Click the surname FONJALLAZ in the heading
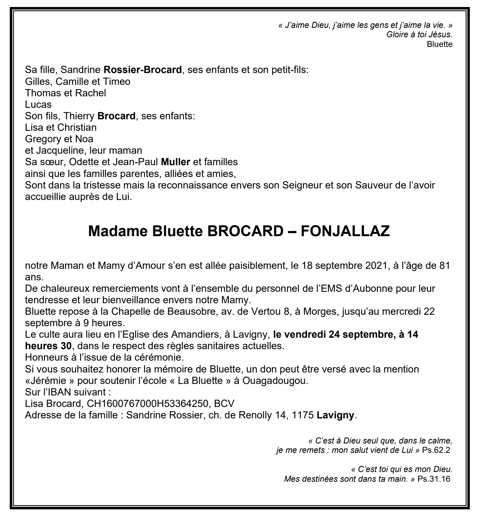[x=345, y=231]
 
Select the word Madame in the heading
[x=118, y=231]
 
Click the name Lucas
[x=38, y=105]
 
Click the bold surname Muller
[x=176, y=162]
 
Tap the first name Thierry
[x=79, y=116]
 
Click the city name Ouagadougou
[x=275, y=381]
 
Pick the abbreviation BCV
[x=224, y=404]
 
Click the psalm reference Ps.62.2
[x=436, y=450]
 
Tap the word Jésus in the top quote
[x=440, y=35]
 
